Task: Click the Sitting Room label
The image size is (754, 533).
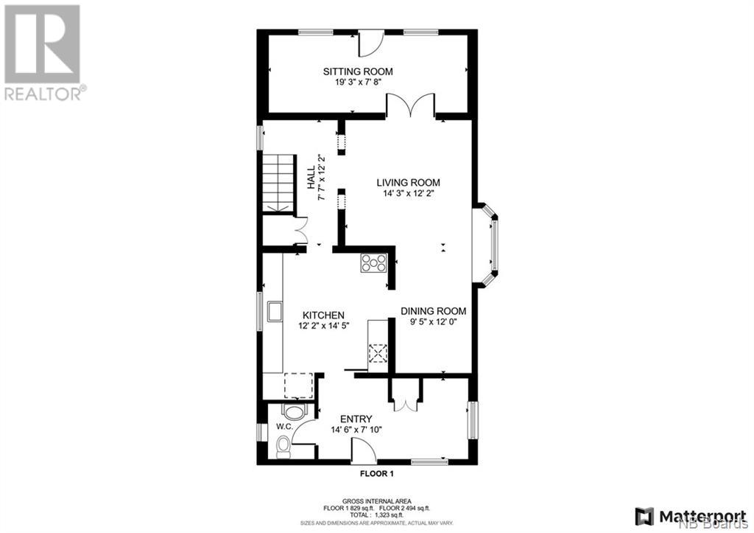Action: click(358, 72)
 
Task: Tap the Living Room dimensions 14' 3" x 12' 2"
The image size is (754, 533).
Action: click(408, 194)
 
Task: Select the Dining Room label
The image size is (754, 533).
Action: click(433, 311)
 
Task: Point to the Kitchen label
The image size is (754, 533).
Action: click(323, 315)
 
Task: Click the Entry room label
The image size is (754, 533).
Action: click(356, 419)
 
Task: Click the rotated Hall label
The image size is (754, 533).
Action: click(311, 177)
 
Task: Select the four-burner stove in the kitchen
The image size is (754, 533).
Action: click(373, 263)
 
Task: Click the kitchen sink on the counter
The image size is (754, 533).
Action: click(275, 311)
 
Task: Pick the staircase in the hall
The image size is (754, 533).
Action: click(278, 183)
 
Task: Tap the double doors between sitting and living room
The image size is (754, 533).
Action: click(411, 105)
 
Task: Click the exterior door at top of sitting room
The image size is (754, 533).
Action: click(371, 42)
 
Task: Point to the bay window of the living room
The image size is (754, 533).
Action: click(486, 245)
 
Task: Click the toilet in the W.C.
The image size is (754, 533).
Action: click(283, 447)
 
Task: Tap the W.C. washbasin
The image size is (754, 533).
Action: click(295, 412)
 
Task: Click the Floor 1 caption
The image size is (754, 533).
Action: click(377, 474)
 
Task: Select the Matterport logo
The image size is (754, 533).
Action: click(691, 516)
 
